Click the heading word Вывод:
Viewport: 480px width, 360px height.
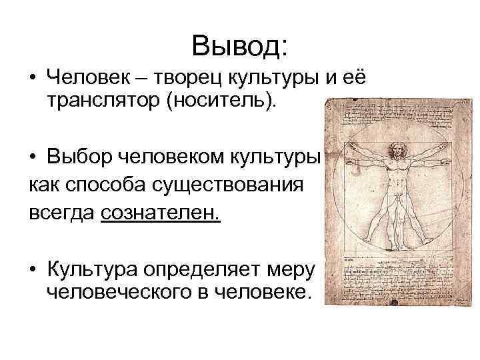pyautogui.click(x=239, y=46)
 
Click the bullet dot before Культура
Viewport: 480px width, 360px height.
pyautogui.click(x=33, y=271)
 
